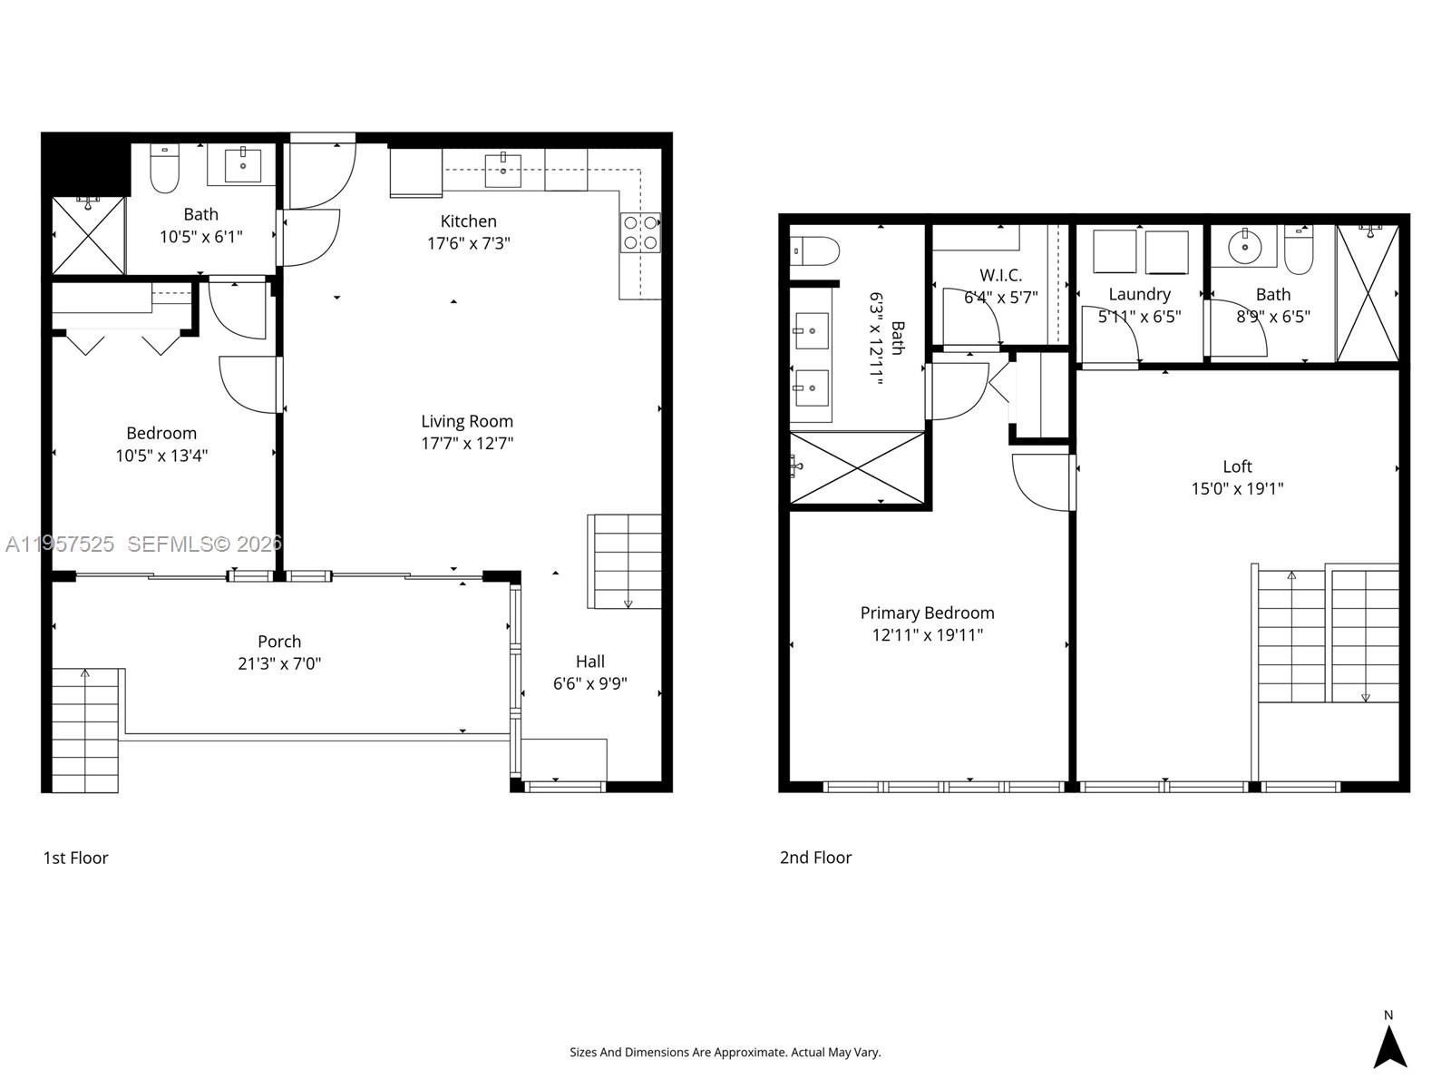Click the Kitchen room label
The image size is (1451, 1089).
pos(468,221)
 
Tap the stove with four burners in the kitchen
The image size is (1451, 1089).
pos(640,232)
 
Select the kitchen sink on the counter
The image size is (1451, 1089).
pos(502,170)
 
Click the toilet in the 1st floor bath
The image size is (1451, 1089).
pos(164,171)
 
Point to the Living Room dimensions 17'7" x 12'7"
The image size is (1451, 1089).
pos(467,444)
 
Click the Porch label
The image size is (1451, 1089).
pos(279,642)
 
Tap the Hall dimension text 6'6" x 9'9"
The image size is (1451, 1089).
pos(589,684)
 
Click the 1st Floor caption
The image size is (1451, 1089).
pos(75,858)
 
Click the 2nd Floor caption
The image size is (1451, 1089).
pos(815,858)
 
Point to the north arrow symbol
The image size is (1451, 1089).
pos(1388,1045)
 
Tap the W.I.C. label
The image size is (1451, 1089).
pos(1000,275)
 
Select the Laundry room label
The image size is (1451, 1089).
pos(1139,294)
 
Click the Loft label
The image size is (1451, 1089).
pos(1237,466)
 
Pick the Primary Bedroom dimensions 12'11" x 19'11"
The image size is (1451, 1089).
pos(927,635)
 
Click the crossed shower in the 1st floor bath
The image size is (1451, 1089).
pos(87,235)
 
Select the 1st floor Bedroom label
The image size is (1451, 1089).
pos(161,434)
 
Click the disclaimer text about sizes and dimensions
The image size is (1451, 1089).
pos(725,1053)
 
